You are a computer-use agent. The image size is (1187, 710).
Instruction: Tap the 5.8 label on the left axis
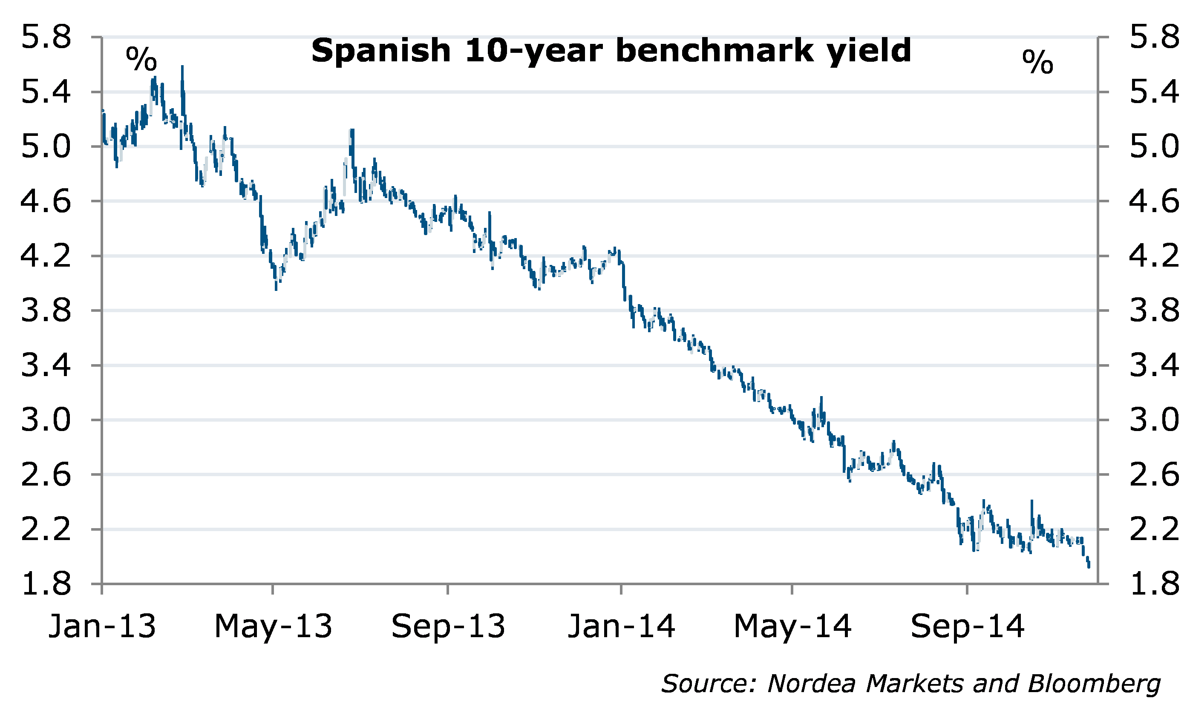[x=46, y=37]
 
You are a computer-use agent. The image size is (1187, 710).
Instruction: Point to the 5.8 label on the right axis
[x=1154, y=37]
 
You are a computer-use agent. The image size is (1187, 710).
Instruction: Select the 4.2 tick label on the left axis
[x=46, y=256]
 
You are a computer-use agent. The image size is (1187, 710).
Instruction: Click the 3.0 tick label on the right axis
[x=1154, y=420]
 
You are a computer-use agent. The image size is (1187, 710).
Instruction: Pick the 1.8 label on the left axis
[x=46, y=585]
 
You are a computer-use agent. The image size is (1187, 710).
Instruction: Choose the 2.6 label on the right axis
[x=1154, y=475]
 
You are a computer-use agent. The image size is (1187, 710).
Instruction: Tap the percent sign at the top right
[x=1038, y=62]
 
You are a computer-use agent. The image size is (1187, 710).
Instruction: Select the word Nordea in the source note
[x=811, y=684]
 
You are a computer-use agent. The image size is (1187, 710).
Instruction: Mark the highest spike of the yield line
[x=182, y=67]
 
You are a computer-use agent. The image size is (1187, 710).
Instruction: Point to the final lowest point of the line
[x=1089, y=567]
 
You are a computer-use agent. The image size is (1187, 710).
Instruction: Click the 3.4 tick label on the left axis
[x=46, y=365]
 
